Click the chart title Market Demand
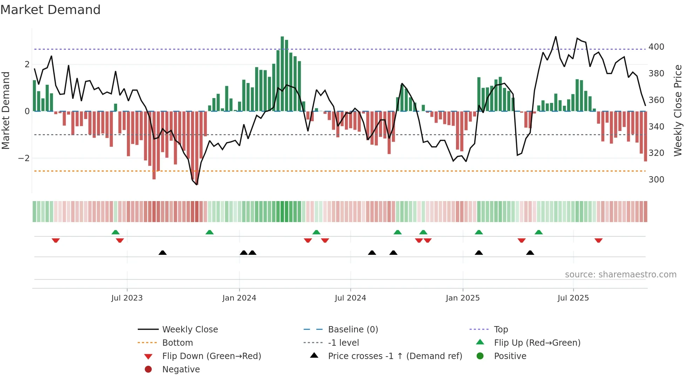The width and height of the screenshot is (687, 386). [50, 10]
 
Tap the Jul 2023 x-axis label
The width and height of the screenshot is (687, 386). [127, 298]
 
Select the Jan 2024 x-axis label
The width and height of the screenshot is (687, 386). [239, 298]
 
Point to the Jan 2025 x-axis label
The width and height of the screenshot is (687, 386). [463, 298]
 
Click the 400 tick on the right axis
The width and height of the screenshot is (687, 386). [656, 47]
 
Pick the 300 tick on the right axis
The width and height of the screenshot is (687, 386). [656, 180]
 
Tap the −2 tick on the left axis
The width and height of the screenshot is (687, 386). [24, 158]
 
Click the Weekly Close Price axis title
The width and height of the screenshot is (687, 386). [678, 110]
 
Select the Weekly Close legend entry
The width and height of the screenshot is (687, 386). [190, 330]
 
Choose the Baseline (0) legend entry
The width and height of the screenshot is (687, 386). [353, 330]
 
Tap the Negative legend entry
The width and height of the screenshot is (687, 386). [181, 370]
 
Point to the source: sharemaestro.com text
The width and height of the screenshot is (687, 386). [620, 275]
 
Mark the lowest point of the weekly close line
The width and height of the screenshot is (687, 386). [197, 185]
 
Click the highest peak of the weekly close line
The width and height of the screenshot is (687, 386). [556, 37]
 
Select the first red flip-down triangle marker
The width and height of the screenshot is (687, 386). [56, 240]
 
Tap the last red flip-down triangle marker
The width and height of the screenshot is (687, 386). [598, 240]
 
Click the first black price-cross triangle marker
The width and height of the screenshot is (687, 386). [163, 253]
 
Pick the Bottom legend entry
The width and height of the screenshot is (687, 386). [177, 343]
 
